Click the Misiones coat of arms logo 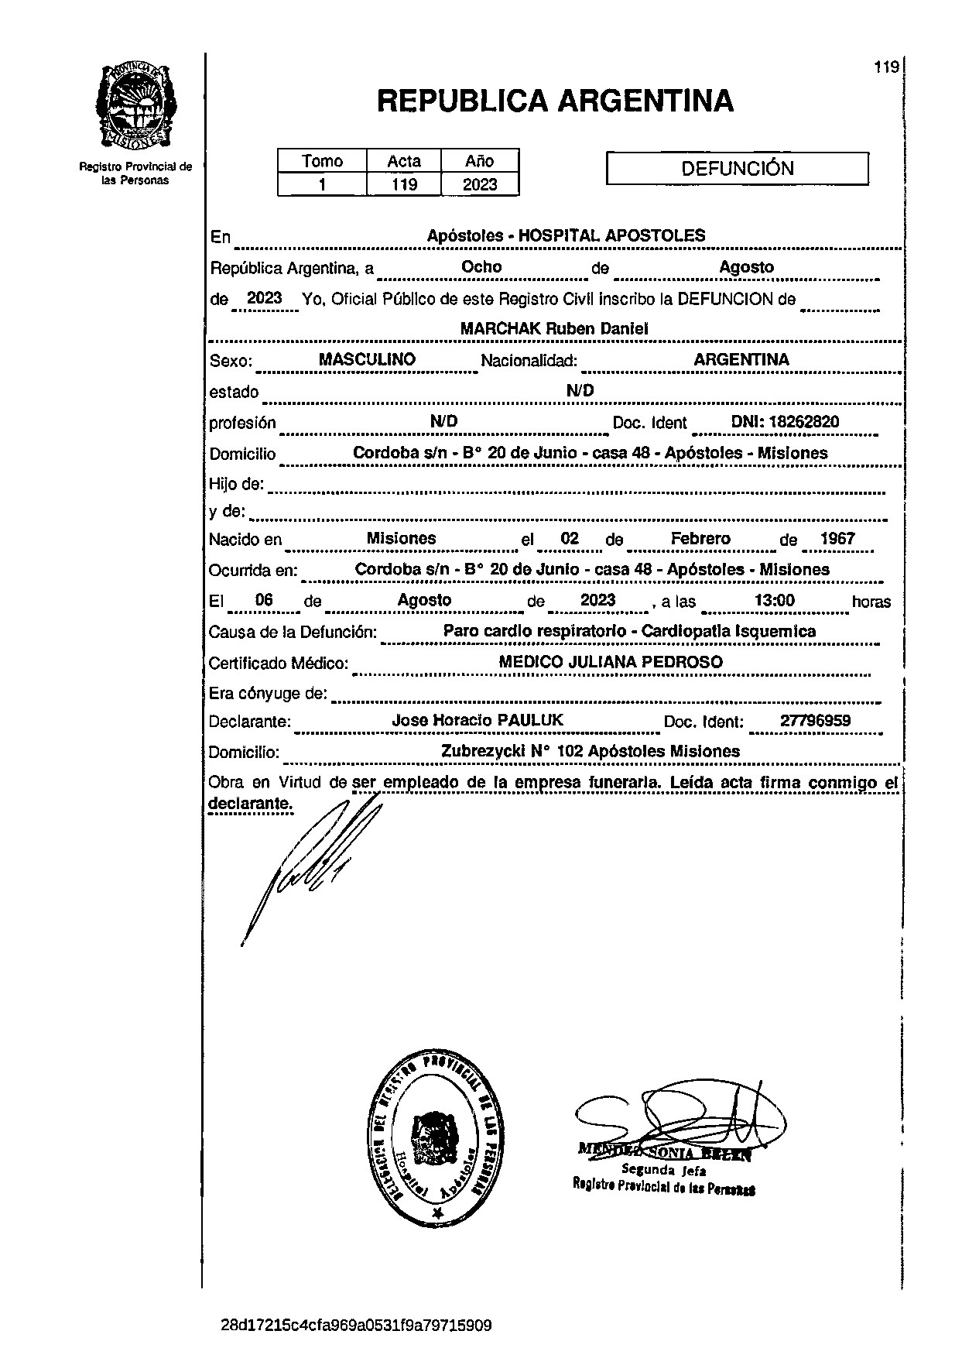136,105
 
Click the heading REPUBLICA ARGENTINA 555,101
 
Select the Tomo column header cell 322,161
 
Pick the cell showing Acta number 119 403,184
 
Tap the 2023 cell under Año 479,184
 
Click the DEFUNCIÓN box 737,168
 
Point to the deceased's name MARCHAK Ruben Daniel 554,328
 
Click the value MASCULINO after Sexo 367,359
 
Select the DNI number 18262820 786,422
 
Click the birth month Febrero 700,538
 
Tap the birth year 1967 837,538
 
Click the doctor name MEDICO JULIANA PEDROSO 611,662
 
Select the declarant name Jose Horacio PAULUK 478,720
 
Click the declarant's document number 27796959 815,721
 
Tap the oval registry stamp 439,1138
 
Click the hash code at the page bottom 356,1326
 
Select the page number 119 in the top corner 886,67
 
